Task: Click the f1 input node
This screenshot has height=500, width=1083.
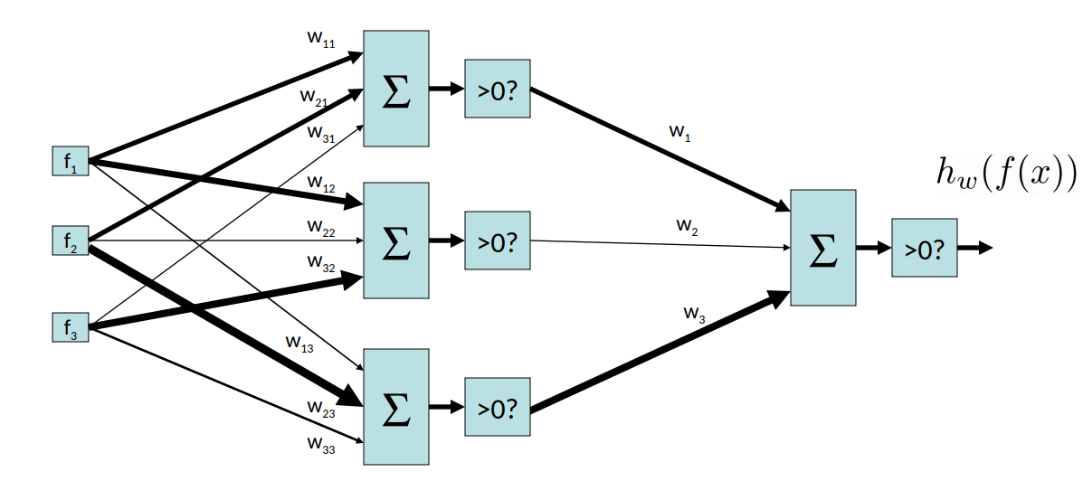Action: pyautogui.click(x=71, y=162)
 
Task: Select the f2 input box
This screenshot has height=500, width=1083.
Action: pyautogui.click(x=71, y=241)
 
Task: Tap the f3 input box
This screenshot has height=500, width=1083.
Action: pyautogui.click(x=71, y=327)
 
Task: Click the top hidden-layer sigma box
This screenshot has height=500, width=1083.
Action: pyautogui.click(x=395, y=89)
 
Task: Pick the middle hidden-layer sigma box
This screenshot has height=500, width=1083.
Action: pyautogui.click(x=395, y=241)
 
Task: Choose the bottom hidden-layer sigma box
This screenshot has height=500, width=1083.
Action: pyautogui.click(x=395, y=407)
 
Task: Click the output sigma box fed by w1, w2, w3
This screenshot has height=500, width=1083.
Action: pyautogui.click(x=822, y=248)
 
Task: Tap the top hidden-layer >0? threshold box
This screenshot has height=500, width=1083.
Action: pyautogui.click(x=497, y=89)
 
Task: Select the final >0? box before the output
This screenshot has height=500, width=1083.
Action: pyautogui.click(x=924, y=248)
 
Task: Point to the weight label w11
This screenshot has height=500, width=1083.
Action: pyautogui.click(x=321, y=40)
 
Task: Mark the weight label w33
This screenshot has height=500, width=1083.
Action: pyautogui.click(x=321, y=445)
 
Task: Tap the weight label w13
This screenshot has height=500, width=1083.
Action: pyautogui.click(x=299, y=343)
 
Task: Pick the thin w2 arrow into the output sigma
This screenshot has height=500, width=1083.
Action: pyautogui.click(x=660, y=244)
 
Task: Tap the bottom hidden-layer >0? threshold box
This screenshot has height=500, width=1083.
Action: pyautogui.click(x=497, y=407)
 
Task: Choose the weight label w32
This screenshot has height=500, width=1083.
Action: pyautogui.click(x=321, y=263)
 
